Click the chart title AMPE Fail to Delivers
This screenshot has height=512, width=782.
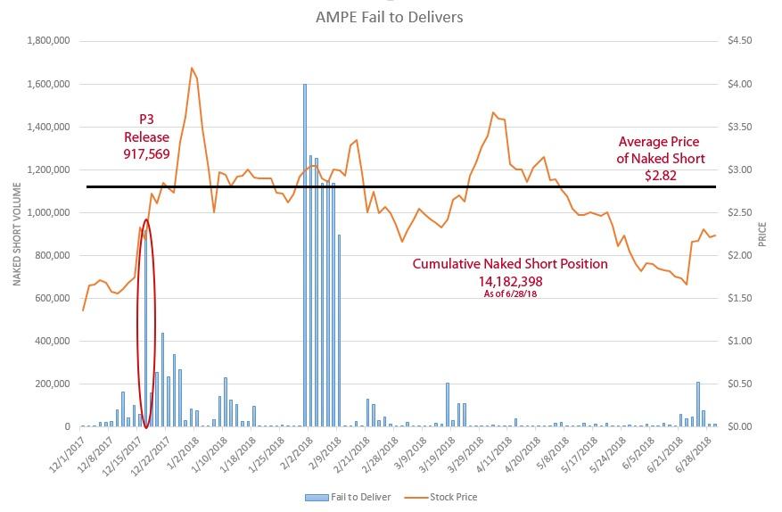click(x=390, y=17)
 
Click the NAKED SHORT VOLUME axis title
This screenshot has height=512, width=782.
click(x=17, y=234)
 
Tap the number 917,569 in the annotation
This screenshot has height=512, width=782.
click(x=148, y=154)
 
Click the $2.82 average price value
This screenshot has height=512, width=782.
click(x=661, y=176)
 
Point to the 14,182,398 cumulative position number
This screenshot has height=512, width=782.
click(x=510, y=281)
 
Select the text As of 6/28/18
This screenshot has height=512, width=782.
click(x=510, y=294)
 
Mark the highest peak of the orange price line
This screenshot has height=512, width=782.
click(x=192, y=68)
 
